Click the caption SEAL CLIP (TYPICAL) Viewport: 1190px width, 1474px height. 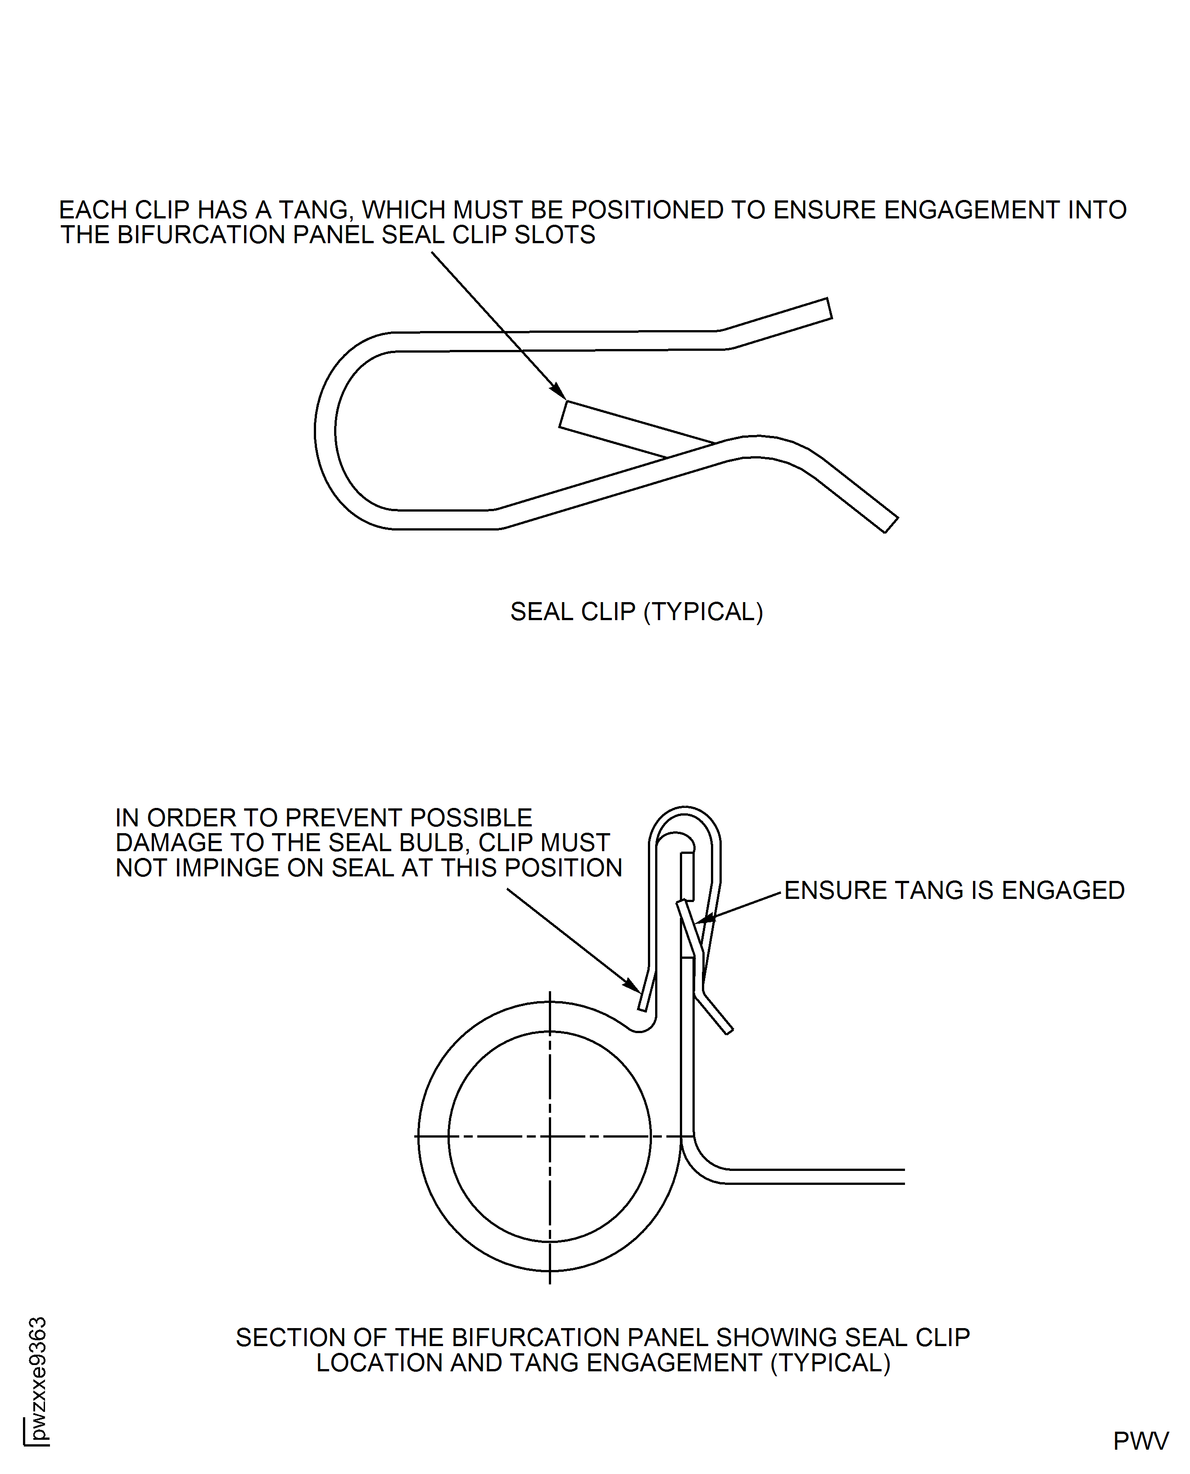coord(636,612)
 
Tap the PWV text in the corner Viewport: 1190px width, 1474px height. coord(1140,1440)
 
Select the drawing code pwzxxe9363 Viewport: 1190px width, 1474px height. coord(38,1378)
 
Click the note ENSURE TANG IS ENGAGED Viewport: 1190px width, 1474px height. coord(954,890)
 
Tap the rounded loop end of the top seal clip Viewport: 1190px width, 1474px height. coord(326,431)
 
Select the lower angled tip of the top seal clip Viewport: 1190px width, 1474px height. coord(889,525)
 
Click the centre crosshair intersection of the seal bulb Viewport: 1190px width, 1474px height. coord(550,1137)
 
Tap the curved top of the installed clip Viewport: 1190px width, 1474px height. coord(685,813)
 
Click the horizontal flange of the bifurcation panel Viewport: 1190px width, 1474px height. coord(816,1176)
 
